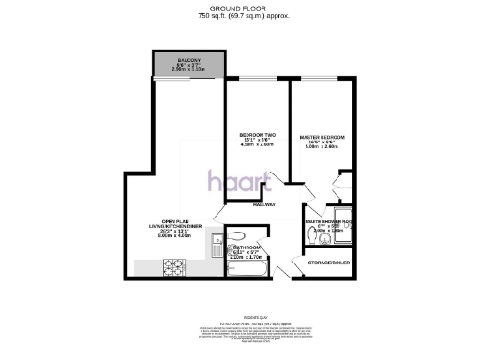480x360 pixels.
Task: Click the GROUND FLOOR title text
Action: point(239,7)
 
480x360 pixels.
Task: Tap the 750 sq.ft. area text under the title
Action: point(239,16)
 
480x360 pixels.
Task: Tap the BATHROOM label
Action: point(250,247)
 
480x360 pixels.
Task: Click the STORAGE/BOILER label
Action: point(330,262)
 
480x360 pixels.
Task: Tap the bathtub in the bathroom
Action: point(247,270)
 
